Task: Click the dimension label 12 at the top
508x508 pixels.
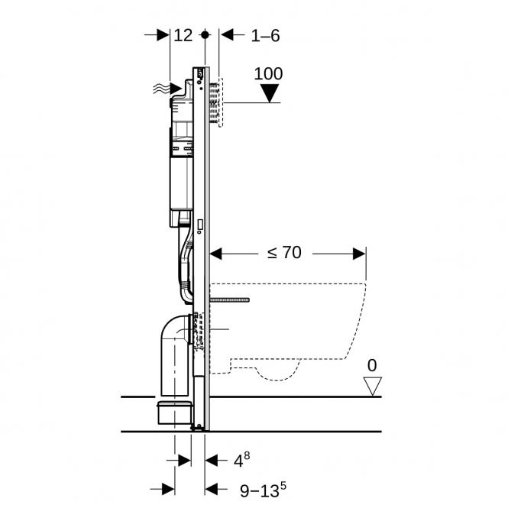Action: click(183, 35)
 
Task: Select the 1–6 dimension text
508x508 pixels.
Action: click(265, 35)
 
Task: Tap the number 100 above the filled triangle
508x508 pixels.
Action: click(268, 73)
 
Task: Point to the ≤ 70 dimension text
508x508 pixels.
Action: click(284, 252)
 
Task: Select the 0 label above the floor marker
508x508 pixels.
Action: click(372, 365)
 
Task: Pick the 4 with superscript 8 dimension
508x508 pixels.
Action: click(241, 460)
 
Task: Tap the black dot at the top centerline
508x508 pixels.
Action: click(205, 34)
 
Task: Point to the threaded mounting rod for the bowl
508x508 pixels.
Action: click(230, 300)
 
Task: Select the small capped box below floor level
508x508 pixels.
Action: click(174, 413)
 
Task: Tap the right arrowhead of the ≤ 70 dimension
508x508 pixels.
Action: click(359, 254)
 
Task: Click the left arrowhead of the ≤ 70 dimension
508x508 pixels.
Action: click(216, 254)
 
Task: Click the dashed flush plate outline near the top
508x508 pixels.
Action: click(221, 102)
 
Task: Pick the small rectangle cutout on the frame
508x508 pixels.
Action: click(200, 225)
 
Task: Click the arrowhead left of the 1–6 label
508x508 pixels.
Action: click(226, 34)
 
